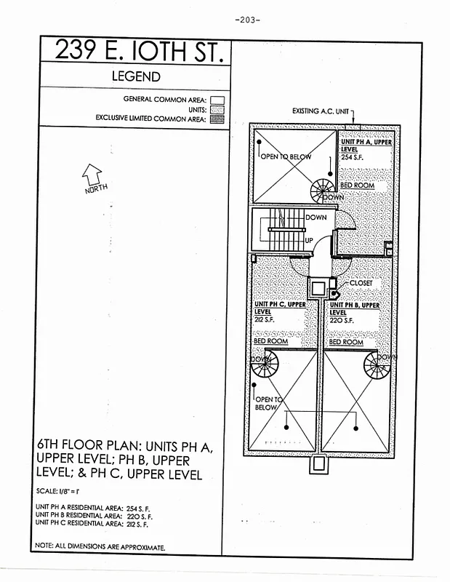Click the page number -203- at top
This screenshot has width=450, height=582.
[247, 20]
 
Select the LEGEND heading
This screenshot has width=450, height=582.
[135, 76]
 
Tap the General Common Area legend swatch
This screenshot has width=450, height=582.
[217, 100]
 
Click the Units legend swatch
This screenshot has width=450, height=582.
[217, 109]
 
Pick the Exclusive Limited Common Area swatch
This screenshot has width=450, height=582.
[217, 118]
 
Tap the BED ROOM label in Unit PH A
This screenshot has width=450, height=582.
[357, 186]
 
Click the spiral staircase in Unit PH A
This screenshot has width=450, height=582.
[321, 192]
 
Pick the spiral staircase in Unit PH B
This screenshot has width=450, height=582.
[377, 365]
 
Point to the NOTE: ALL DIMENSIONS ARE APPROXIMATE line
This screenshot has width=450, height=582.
[100, 546]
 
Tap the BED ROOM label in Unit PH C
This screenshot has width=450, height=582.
[270, 341]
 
